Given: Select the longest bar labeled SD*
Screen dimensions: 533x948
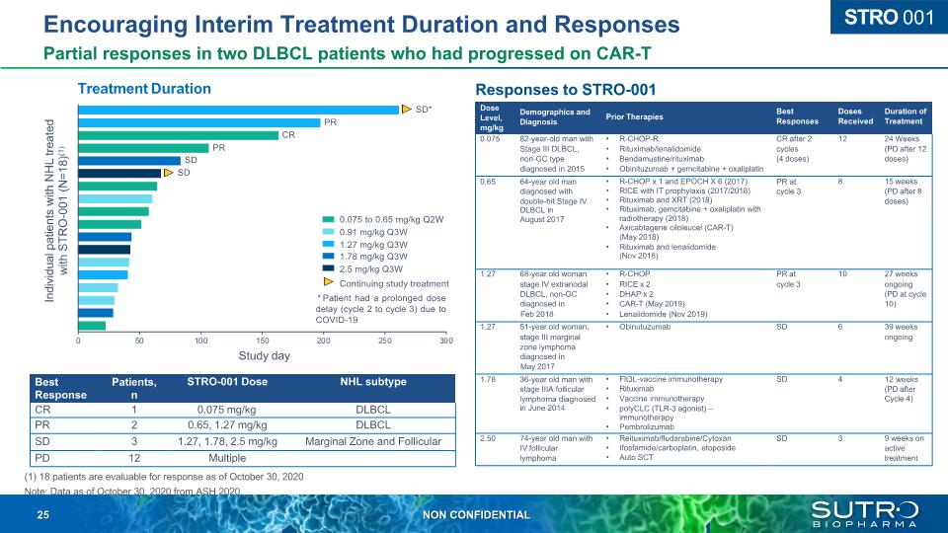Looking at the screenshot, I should (x=238, y=110).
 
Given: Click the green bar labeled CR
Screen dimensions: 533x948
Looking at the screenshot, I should (x=178, y=135).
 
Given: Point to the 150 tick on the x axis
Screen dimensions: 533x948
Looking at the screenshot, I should (x=262, y=340).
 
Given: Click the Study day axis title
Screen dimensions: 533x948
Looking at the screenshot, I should (x=262, y=355).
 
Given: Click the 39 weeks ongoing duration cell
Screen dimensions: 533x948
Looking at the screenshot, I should (x=905, y=331).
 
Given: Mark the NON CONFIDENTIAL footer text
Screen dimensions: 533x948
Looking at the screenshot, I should (x=476, y=515).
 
